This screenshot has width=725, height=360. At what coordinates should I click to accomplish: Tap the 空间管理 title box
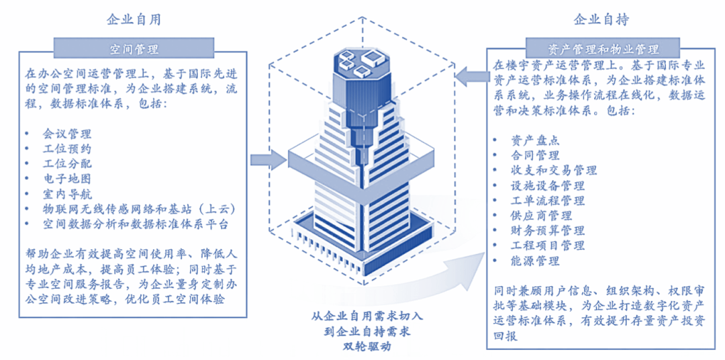pos(134,49)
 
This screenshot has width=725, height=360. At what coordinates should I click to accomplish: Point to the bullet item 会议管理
pos(67,134)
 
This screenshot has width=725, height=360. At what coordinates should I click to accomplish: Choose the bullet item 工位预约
pos(67,149)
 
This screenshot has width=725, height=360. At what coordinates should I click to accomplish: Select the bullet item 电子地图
pos(67,179)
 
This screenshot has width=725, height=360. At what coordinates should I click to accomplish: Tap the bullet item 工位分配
pos(67,164)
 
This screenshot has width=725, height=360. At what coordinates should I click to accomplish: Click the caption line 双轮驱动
pos(362,347)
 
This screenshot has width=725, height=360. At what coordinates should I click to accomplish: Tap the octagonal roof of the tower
pos(362,64)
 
